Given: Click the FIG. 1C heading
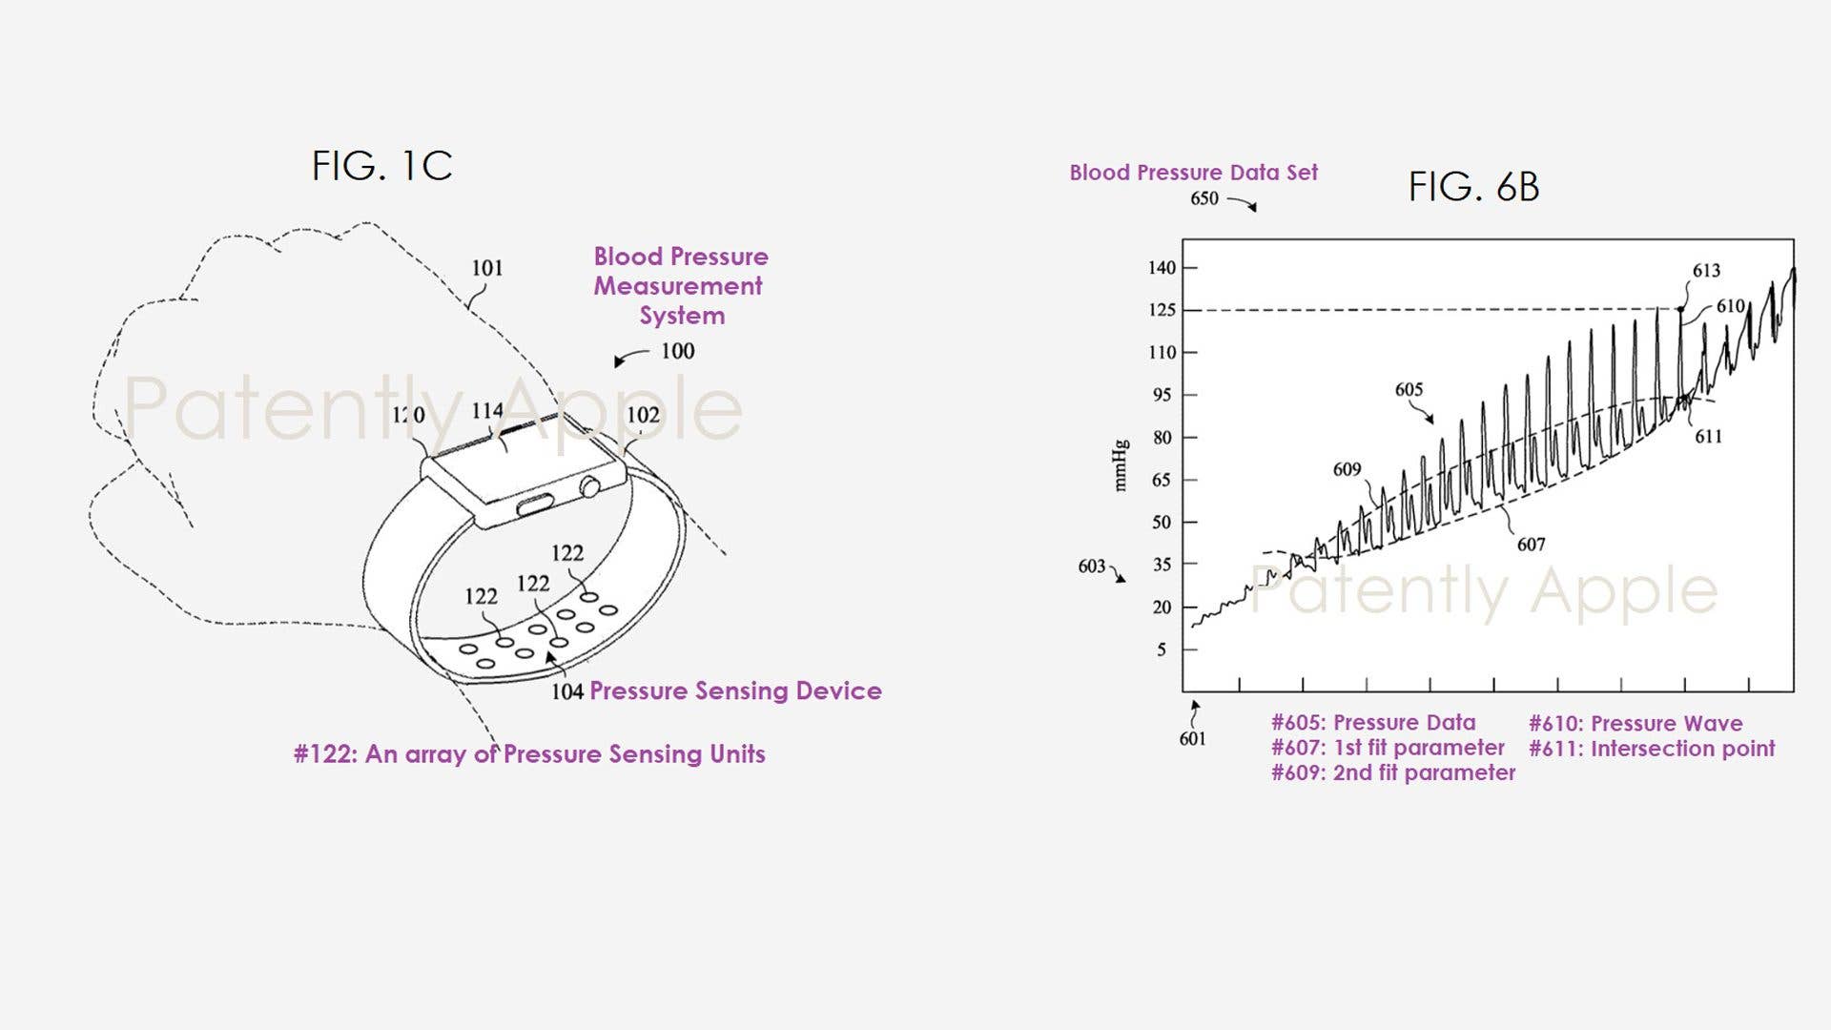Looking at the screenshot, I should point(381,166).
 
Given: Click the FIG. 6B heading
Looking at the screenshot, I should point(1473,187).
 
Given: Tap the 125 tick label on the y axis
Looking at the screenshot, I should point(1162,310).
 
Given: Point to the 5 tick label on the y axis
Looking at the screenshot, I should point(1162,649).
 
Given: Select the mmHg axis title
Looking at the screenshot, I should point(1121,465).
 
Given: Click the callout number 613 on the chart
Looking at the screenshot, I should point(1706,271).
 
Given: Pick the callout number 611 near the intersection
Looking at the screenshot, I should point(1708,437).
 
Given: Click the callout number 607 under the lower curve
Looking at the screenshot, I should point(1531,545).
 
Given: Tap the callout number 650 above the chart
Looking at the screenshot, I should point(1204,198).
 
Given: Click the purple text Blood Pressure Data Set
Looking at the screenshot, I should point(1193,173).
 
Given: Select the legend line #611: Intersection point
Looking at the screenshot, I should point(1652,749).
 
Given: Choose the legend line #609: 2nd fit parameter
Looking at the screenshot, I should point(1392,772).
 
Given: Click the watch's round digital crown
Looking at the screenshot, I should point(589,488).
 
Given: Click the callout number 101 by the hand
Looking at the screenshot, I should point(486,268).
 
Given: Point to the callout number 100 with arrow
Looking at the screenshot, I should point(677,351).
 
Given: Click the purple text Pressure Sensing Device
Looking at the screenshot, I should point(735,690).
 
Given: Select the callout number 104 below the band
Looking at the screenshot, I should point(566,691).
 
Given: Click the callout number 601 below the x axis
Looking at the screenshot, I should point(1192,739).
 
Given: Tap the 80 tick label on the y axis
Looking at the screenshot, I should point(1162,438).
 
